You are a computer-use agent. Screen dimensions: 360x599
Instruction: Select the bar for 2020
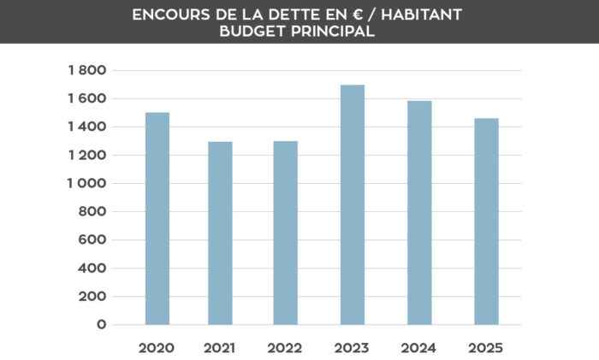[157, 219]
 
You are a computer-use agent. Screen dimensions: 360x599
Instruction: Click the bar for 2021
[220, 233]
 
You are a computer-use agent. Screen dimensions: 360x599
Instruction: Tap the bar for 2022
[286, 233]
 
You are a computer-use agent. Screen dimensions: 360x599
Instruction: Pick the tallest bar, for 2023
[352, 205]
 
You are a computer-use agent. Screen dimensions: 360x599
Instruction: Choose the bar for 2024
[419, 213]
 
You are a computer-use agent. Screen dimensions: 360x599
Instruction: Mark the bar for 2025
[486, 221]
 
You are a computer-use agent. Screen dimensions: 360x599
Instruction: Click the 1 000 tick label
[86, 183]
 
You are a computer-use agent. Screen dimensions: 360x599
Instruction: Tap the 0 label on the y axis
[102, 325]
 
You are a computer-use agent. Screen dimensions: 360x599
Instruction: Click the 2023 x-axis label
[352, 348]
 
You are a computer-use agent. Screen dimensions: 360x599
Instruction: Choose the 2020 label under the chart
[157, 348]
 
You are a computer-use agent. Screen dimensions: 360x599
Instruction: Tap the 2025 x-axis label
[486, 348]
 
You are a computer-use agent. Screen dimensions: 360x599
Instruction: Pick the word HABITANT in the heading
[424, 15]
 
